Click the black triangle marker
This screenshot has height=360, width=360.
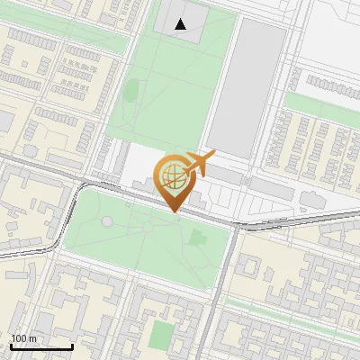[181, 24]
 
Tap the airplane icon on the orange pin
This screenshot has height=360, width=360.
[200, 164]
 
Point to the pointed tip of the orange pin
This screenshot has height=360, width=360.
[173, 212]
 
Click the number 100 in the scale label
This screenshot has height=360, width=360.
[19, 338]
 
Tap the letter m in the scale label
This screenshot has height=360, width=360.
[32, 338]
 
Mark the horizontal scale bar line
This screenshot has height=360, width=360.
[40, 347]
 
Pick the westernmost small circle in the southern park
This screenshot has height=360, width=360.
[107, 220]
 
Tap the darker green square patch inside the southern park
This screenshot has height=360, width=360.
[198, 237]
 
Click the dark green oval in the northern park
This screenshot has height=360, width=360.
[131, 90]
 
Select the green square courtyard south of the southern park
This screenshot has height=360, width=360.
[162, 334]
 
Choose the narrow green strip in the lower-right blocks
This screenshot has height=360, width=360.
[288, 314]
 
